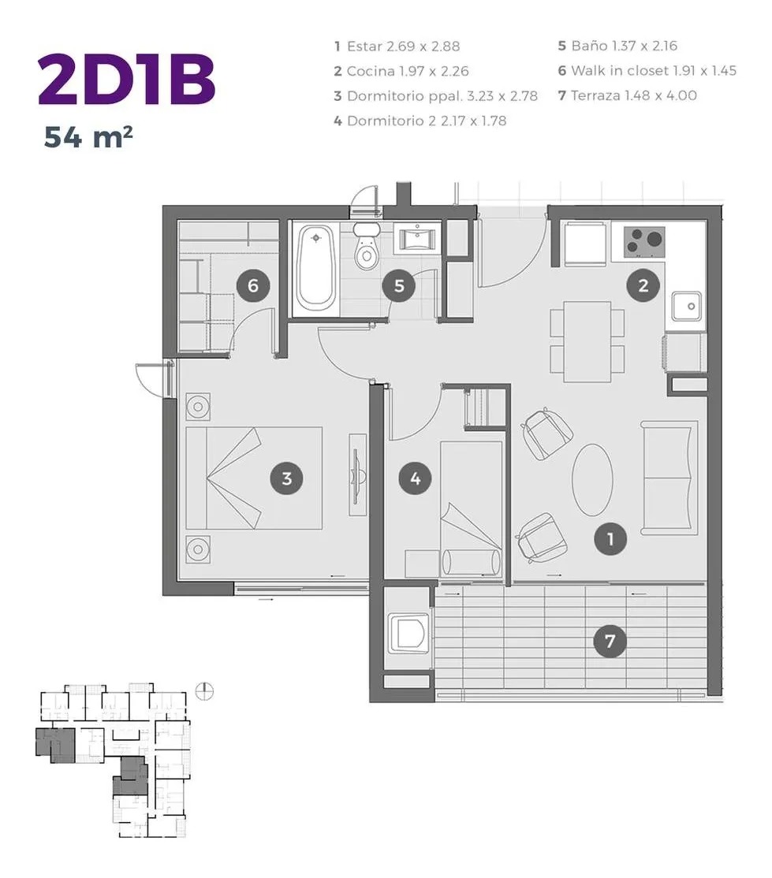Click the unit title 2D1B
127,80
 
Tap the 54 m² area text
88,137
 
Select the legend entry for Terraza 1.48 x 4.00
628,95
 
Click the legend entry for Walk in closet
647,71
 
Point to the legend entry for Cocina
401,71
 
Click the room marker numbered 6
252,285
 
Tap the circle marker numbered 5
399,285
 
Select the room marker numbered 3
287,478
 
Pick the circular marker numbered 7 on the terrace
610,641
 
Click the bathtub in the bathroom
316,268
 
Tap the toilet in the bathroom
367,246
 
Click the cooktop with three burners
644,242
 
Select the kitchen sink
687,306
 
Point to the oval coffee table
592,480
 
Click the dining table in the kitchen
587,341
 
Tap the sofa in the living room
669,475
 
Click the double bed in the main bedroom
254,478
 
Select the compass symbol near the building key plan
204,692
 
